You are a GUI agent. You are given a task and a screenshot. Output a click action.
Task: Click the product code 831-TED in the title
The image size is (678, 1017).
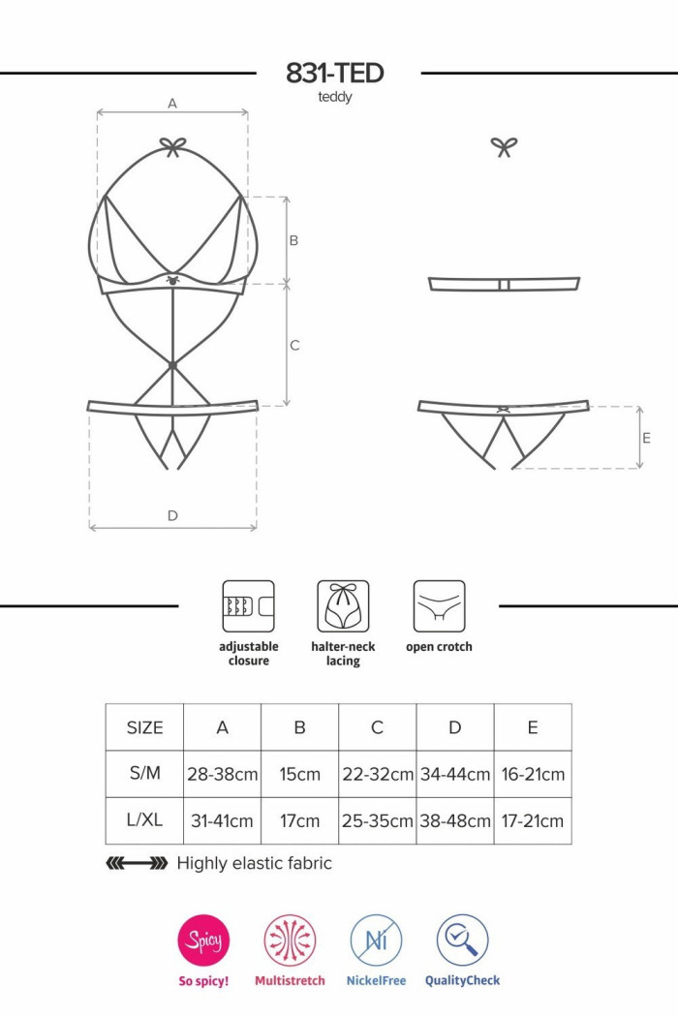pos(335,74)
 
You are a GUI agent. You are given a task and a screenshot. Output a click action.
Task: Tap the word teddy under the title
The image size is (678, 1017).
pos(335,97)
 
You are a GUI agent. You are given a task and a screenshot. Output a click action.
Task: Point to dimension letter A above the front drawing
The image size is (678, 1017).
pos(172,103)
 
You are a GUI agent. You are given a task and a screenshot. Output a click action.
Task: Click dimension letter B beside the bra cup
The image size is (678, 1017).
pos(293,240)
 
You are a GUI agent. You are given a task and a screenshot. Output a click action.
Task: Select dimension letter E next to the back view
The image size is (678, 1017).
pos(646,438)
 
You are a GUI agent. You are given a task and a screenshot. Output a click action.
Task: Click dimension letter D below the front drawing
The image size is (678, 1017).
pos(172,515)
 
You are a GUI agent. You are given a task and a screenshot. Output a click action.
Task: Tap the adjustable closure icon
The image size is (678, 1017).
pos(249,606)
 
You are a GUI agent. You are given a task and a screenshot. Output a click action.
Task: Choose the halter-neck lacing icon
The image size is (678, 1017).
pos(343,606)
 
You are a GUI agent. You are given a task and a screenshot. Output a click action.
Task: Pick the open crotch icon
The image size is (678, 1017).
pos(439,606)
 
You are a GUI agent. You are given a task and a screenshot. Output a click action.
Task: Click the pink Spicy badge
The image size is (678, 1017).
pos(203,940)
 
